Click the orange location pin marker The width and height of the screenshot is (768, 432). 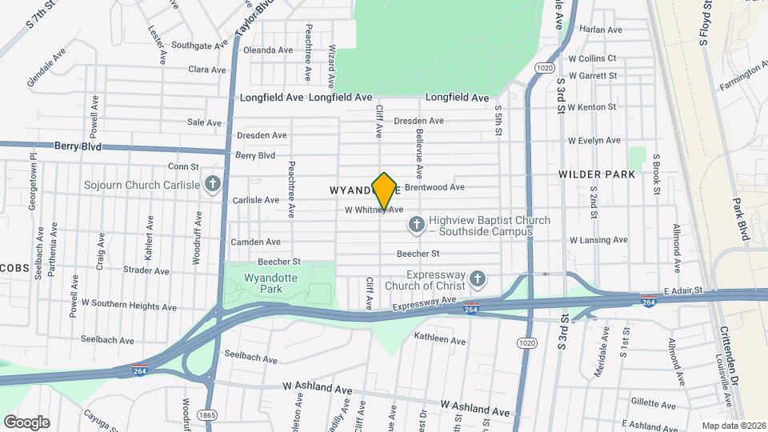385,190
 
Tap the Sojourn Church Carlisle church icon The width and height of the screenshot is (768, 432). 212,185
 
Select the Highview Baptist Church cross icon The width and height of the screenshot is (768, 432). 416,225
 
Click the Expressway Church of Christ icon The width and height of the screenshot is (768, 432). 478,279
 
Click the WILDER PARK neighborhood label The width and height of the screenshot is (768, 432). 597,174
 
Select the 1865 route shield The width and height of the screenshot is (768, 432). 208,414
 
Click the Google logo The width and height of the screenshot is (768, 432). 26,422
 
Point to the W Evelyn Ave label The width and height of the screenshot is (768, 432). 594,140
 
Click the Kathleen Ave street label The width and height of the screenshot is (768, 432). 439,340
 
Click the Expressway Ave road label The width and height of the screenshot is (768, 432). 425,304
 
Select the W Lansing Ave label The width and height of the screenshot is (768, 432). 598,240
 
